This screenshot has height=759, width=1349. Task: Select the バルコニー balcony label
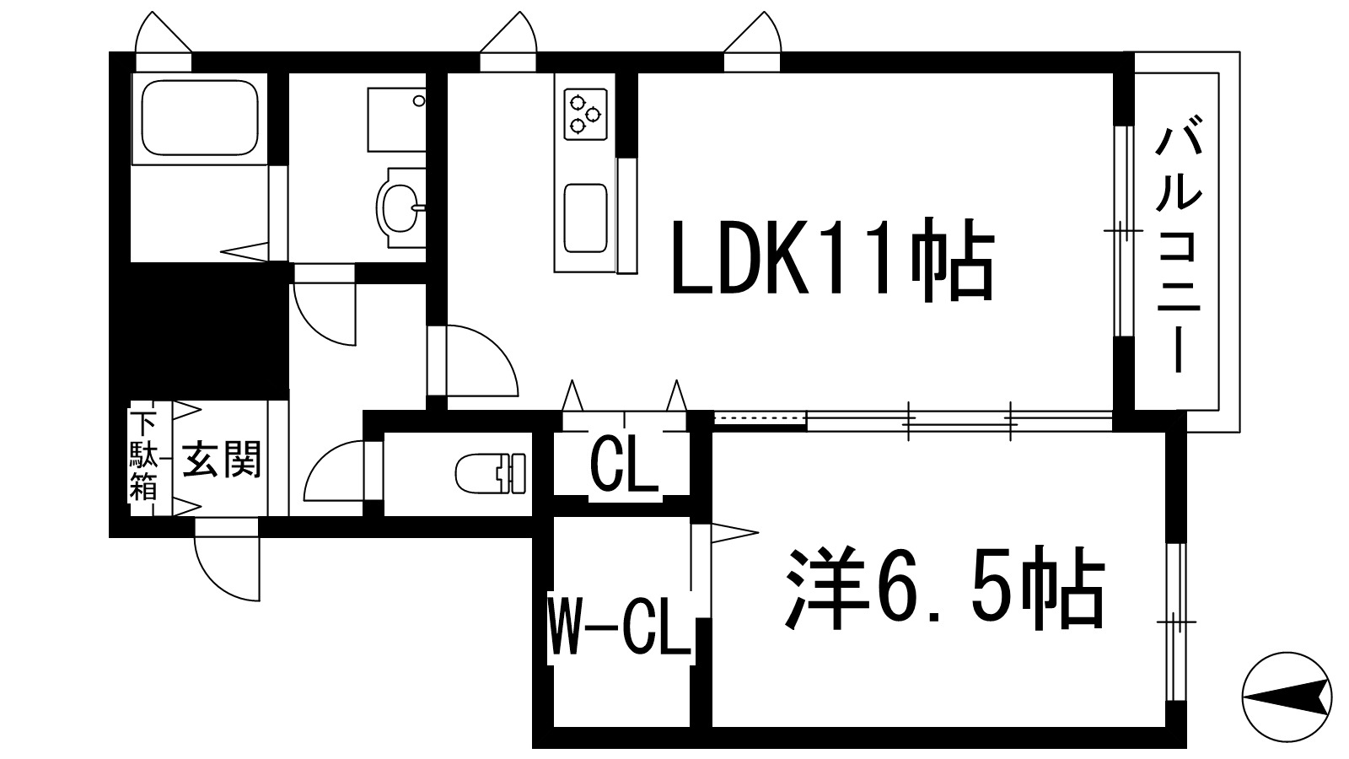tap(1177, 250)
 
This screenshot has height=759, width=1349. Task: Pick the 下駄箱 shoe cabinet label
tap(142, 456)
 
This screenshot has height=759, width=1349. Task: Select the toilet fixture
tap(490, 472)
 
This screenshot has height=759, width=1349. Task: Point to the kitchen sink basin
tap(585, 218)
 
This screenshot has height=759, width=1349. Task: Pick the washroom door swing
tap(324, 312)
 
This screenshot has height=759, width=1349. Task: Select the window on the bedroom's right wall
tap(1175, 622)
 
